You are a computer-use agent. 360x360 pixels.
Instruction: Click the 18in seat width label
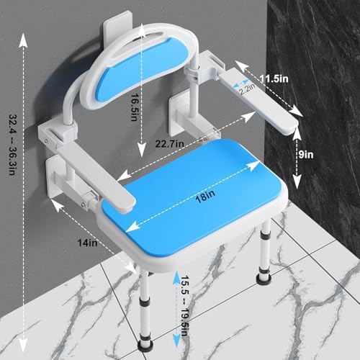click(204, 197)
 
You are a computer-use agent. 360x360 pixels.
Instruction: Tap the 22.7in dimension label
click(170, 144)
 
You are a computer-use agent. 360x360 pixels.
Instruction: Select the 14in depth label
click(87, 243)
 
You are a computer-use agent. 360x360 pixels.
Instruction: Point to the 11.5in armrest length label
click(274, 78)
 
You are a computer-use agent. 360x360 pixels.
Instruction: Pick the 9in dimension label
click(306, 155)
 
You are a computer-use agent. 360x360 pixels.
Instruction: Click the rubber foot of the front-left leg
click(145, 345)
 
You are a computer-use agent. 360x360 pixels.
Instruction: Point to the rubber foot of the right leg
click(264, 280)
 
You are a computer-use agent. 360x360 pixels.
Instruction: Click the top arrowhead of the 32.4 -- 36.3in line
click(23, 40)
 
